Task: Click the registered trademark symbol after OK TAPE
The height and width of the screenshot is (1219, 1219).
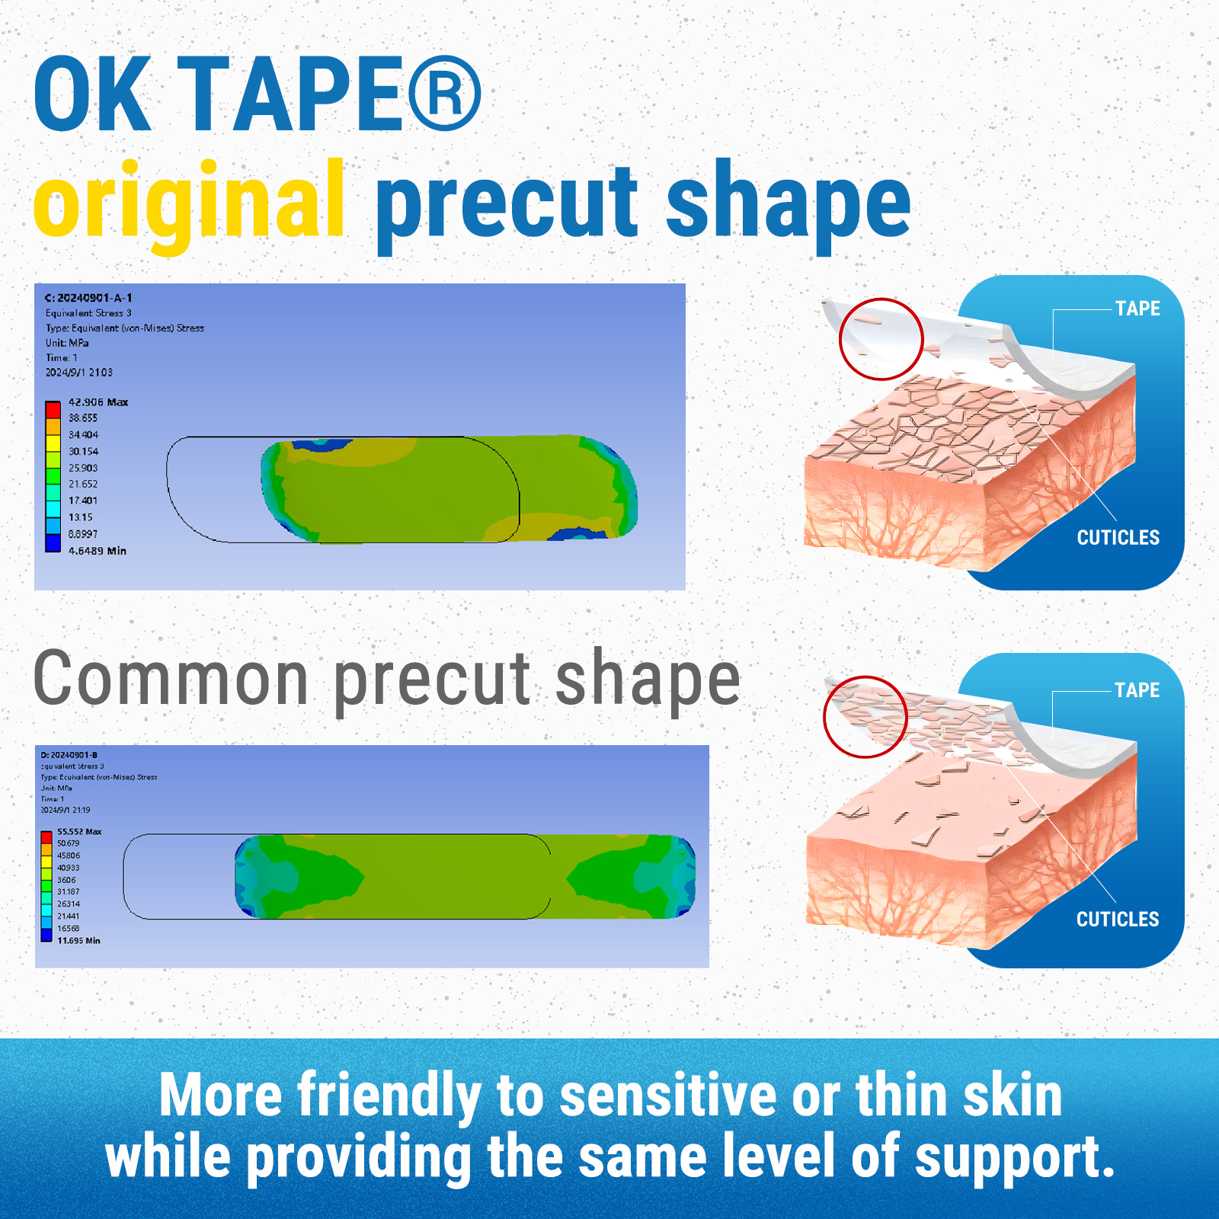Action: [x=444, y=94]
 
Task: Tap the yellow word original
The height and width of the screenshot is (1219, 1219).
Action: [x=189, y=202]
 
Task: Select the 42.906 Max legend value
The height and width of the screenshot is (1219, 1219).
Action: [x=98, y=402]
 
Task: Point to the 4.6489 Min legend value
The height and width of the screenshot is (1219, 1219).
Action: [x=97, y=551]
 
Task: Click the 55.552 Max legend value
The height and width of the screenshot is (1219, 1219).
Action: [x=79, y=831]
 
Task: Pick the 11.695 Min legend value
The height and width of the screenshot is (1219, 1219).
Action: [x=78, y=941]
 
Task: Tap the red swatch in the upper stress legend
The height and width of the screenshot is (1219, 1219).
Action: [x=53, y=408]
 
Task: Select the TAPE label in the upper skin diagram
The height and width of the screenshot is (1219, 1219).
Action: [x=1137, y=309]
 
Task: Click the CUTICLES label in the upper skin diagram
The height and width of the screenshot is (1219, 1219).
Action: [x=1118, y=538]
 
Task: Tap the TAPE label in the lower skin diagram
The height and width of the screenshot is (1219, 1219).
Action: [x=1137, y=690]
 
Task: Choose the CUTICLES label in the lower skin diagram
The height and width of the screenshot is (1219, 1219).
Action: [x=1117, y=920]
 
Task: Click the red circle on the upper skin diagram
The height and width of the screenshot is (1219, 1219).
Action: [x=881, y=339]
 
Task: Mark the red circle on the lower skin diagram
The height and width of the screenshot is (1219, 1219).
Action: [x=865, y=717]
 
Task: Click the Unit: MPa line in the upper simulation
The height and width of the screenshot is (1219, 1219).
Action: [x=67, y=343]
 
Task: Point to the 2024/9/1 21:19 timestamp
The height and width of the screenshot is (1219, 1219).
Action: [x=66, y=810]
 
